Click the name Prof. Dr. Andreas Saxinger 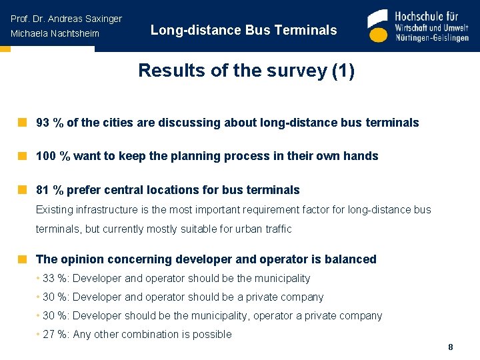click(x=66, y=19)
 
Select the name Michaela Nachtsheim click(x=55, y=34)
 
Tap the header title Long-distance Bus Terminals click(x=243, y=30)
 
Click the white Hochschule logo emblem click(x=378, y=27)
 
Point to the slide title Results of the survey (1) click(x=246, y=71)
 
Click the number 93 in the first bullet click(x=43, y=123)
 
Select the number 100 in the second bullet click(x=45, y=156)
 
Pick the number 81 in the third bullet click(x=43, y=190)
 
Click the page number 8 click(x=451, y=347)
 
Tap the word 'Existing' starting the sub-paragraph click(x=55, y=210)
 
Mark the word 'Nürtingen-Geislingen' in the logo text click(x=432, y=38)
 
